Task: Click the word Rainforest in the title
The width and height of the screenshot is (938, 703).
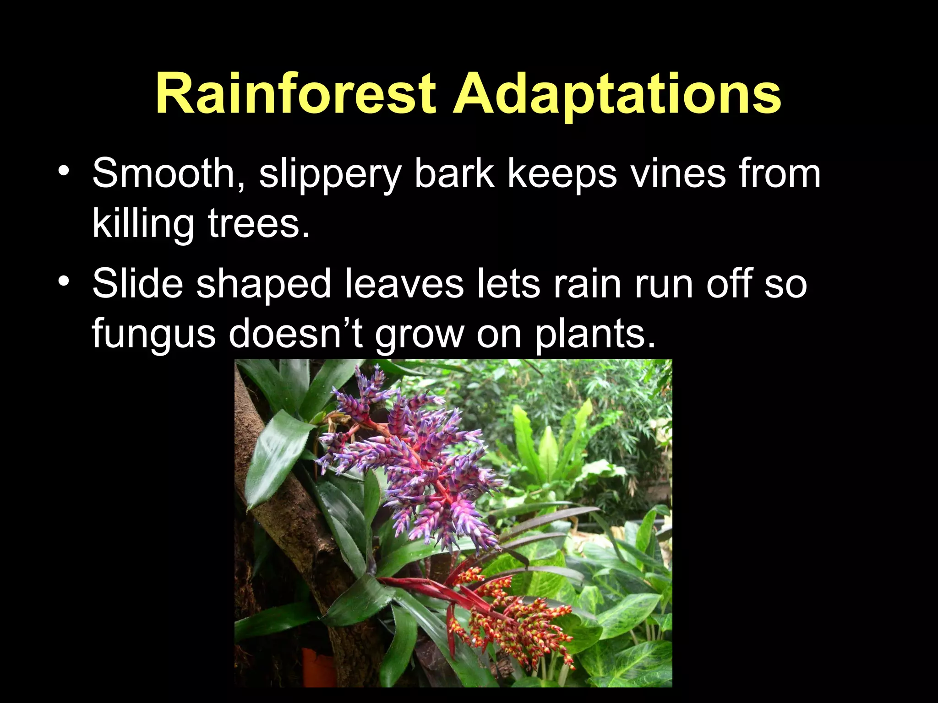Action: pos(295,94)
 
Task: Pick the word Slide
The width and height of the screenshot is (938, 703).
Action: pos(137,284)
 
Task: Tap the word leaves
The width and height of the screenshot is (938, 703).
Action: pos(404,284)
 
